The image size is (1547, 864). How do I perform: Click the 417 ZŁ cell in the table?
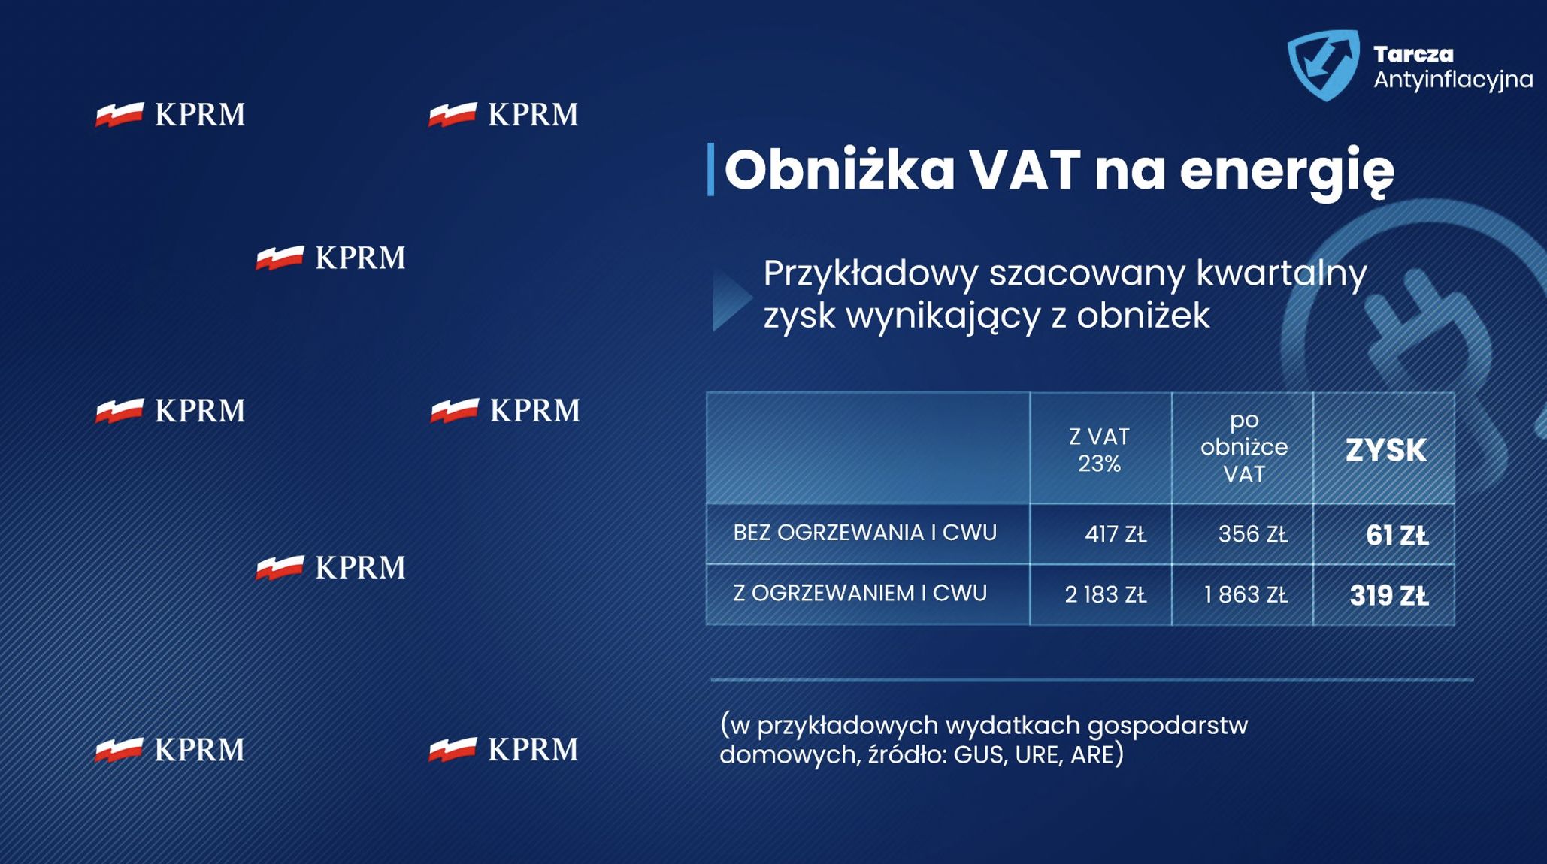[1115, 534]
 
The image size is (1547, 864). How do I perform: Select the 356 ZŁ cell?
[1252, 534]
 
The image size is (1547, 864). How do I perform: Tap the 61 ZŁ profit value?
[1397, 535]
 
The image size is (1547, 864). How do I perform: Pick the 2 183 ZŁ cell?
[1105, 595]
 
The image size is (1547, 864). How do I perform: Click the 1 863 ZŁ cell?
[1246, 595]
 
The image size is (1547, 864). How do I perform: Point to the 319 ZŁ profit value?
[1388, 596]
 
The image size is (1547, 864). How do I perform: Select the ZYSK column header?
[1385, 450]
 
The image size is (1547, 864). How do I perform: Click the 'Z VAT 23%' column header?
[1099, 449]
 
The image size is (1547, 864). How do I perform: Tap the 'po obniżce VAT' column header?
[1244, 447]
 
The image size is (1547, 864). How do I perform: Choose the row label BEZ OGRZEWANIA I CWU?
[864, 533]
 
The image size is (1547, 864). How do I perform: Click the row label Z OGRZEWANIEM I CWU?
[859, 594]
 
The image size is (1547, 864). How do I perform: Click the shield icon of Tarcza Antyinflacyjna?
[1323, 65]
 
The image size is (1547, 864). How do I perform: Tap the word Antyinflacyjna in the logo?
[1452, 80]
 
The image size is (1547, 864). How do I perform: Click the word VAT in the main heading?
[1024, 170]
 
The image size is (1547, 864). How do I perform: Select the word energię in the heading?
[1286, 171]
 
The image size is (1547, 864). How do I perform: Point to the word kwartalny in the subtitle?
[1281, 273]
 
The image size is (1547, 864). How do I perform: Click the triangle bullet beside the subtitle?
[731, 299]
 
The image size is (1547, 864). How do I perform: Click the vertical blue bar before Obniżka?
[710, 170]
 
